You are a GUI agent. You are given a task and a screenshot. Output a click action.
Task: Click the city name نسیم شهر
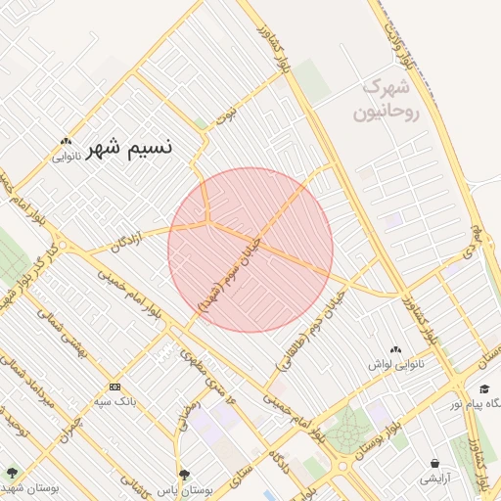click(x=129, y=149)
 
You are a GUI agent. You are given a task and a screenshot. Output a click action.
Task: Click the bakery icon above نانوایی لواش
click(x=395, y=349)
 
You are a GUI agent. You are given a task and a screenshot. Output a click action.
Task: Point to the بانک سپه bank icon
click(x=114, y=386)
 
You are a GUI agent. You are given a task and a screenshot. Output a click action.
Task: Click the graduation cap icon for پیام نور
click(x=483, y=389)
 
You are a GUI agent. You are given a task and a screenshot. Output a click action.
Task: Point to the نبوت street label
click(x=226, y=114)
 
